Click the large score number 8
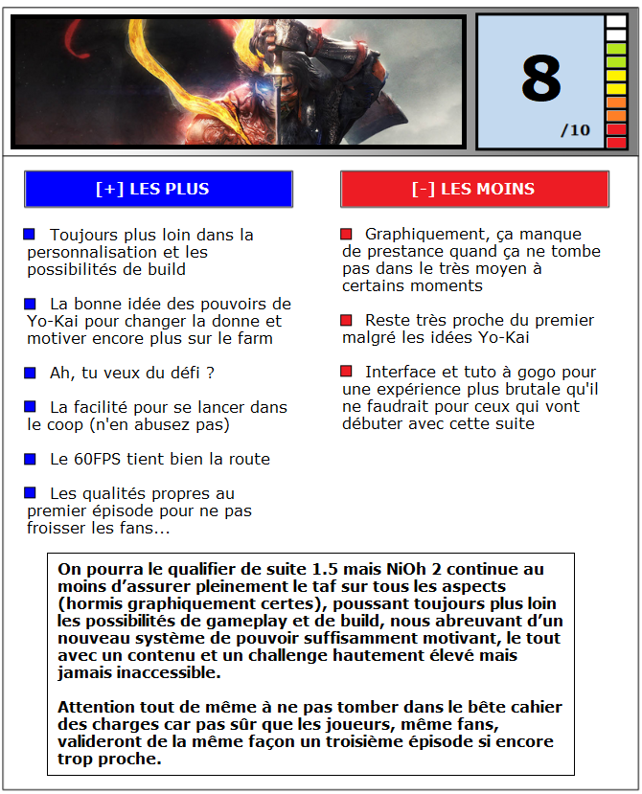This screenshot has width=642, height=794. coord(540,79)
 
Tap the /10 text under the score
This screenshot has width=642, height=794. coord(576,130)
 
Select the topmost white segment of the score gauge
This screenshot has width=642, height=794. coord(616,21)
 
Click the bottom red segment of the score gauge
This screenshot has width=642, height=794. coord(616,143)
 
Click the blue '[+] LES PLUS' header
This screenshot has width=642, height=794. coord(158,189)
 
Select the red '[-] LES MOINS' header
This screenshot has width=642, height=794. coord(474,189)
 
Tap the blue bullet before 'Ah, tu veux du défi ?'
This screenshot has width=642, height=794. coord(30,372)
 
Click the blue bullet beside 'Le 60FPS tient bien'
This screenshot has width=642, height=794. coord(30,458)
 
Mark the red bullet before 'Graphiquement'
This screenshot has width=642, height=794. coord(346,233)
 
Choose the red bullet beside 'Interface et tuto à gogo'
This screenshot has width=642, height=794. coord(346,371)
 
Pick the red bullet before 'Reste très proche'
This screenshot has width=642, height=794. coord(346,319)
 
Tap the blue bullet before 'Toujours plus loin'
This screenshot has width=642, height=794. coord(30,234)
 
